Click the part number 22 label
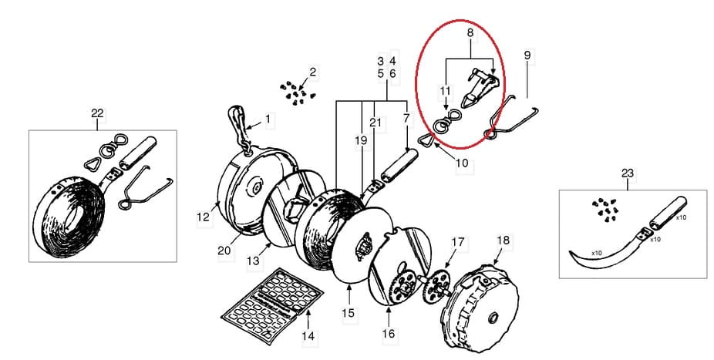click(x=97, y=113)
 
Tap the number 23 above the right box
click(x=628, y=173)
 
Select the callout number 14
click(x=308, y=336)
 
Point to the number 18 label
click(x=504, y=241)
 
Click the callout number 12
click(x=203, y=217)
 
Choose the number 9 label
click(x=527, y=56)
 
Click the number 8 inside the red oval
click(x=470, y=33)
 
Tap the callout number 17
click(x=458, y=242)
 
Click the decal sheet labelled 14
click(x=272, y=306)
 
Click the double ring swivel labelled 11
click(x=443, y=124)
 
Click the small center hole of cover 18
click(x=492, y=318)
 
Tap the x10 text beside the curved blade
click(x=597, y=253)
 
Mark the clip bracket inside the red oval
click(x=480, y=86)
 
